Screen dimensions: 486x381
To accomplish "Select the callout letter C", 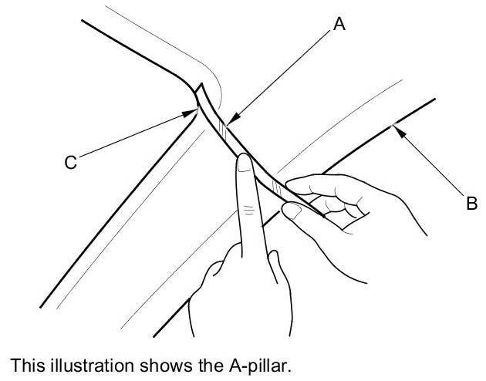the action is (x=70, y=163).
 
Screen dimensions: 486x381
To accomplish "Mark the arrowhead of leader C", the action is (x=193, y=113).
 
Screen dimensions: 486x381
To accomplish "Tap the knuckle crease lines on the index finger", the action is (x=248, y=209).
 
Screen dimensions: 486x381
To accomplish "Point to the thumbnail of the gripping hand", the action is (x=292, y=210).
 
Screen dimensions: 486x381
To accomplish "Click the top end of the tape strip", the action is (x=198, y=87).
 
